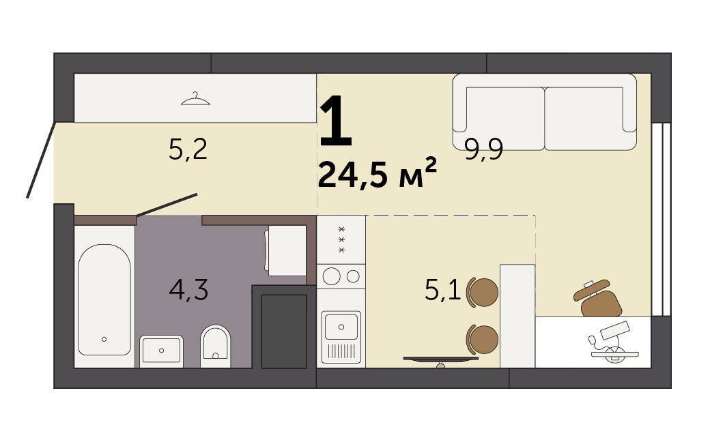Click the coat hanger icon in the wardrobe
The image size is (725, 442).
[x=195, y=98]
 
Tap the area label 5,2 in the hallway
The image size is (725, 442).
[x=188, y=149]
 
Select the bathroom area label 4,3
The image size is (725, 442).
[x=188, y=290]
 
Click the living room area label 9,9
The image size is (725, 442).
[x=483, y=149]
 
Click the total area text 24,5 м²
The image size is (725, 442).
[x=378, y=173]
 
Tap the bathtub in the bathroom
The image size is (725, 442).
[x=104, y=299]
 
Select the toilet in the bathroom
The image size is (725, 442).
[x=216, y=346]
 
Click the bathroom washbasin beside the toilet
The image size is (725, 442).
[x=161, y=351]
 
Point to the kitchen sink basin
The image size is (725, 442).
[x=341, y=327]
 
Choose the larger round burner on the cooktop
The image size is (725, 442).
[x=332, y=276]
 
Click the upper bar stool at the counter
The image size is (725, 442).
[x=483, y=292]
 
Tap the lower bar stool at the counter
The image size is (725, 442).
[x=483, y=339]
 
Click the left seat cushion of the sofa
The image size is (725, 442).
[x=505, y=118]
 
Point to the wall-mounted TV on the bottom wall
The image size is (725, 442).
[x=440, y=359]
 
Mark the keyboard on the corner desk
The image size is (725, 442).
[x=615, y=329]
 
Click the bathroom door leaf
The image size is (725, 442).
[x=167, y=205]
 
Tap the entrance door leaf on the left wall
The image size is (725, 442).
[x=41, y=160]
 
